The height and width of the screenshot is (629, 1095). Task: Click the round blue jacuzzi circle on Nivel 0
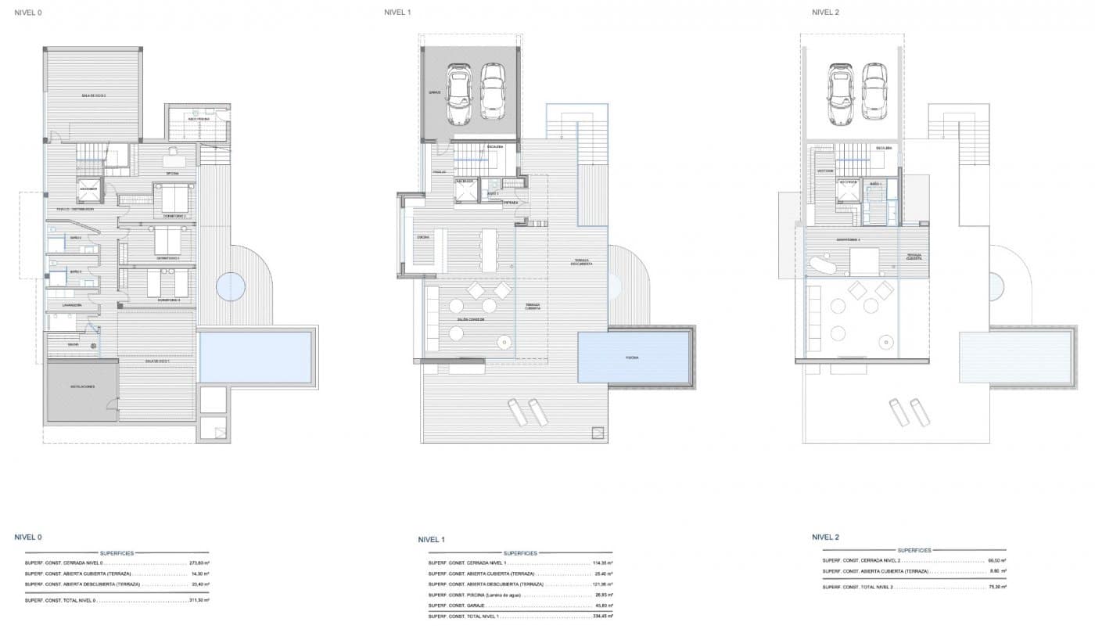tap(231, 286)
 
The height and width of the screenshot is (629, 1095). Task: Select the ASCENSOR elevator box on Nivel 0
tap(88, 189)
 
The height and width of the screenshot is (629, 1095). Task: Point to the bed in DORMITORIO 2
tap(174, 197)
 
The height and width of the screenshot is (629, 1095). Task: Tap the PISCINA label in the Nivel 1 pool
tap(632, 358)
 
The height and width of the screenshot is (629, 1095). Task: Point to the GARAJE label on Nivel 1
tap(435, 92)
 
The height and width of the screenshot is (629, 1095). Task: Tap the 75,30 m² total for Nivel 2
tap(996, 586)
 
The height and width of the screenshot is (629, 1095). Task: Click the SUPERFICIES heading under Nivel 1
tap(520, 552)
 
